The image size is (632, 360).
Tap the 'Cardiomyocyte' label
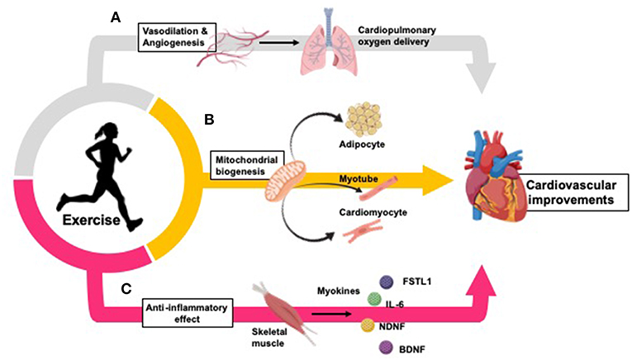click(368, 212)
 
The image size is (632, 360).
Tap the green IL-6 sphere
click(373, 301)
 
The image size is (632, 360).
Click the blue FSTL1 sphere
click(385, 282)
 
